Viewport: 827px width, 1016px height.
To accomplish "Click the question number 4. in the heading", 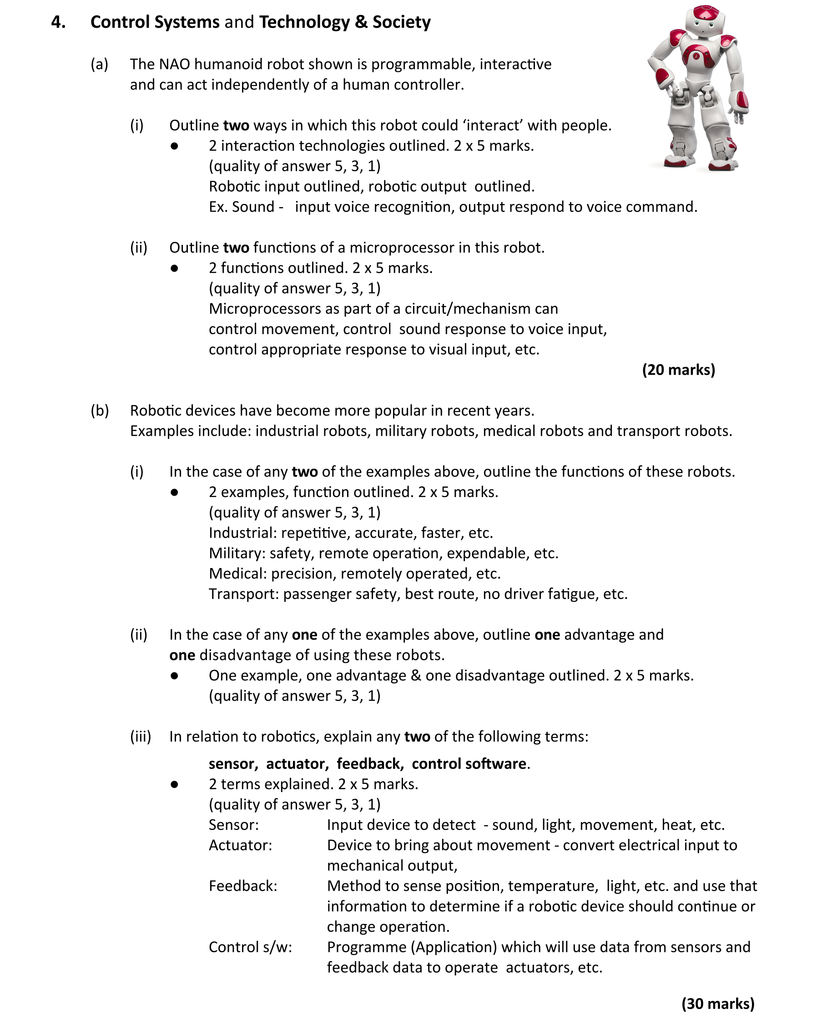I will click(58, 22).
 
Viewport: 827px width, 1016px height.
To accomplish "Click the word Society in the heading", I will click(401, 22).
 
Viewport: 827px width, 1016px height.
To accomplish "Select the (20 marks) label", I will click(678, 370).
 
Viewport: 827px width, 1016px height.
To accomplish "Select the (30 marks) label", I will click(718, 1003).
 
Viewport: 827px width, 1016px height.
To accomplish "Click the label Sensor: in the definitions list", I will click(233, 824).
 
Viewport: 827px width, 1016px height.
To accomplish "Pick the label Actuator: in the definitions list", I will click(240, 845).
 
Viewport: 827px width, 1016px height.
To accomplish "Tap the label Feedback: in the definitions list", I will click(242, 885).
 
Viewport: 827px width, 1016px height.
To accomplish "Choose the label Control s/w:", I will click(250, 946).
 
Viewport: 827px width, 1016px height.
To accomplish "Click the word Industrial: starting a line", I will click(242, 533).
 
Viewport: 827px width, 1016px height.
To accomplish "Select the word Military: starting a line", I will click(237, 553).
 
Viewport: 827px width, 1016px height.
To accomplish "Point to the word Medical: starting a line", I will click(238, 573).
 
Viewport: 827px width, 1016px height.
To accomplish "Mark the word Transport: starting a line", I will click(243, 594).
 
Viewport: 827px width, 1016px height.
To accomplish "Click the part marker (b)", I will click(100, 411).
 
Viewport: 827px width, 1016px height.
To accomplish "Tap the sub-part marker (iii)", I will click(141, 736).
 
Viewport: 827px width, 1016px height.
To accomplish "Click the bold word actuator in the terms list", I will click(297, 763).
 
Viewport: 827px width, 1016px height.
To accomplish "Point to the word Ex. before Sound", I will click(218, 207).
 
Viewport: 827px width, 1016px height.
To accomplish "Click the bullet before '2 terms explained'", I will click(174, 784).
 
